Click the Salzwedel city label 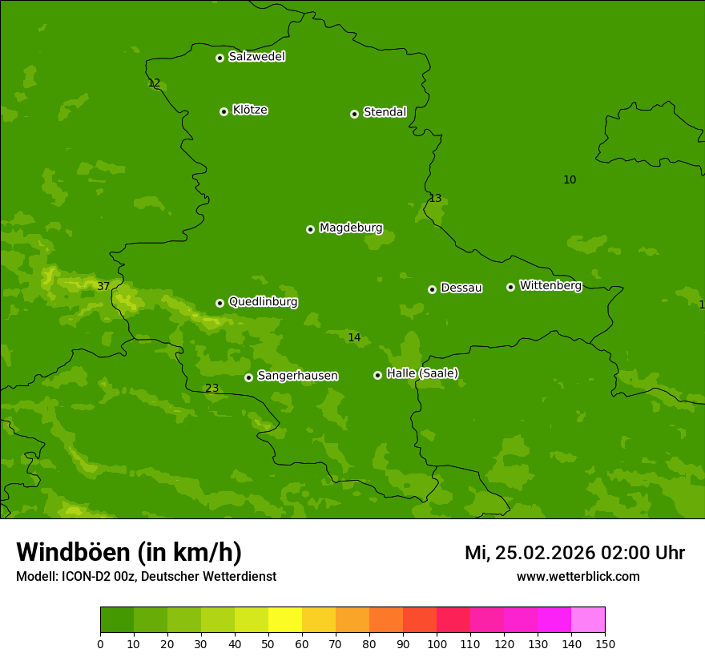tap(256, 57)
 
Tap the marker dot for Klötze tap(224, 111)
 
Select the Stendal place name tap(385, 112)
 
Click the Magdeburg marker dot tap(310, 229)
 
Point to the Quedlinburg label tap(263, 302)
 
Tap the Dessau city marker tap(432, 289)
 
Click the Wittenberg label tap(550, 285)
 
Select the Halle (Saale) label tap(422, 373)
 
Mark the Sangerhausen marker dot tap(248, 377)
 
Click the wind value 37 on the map tap(103, 286)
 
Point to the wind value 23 tap(211, 389)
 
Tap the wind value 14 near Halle tap(354, 338)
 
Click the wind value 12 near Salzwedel tap(154, 83)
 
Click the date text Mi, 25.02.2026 tap(528, 553)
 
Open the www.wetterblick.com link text tap(578, 577)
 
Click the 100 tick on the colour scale tap(437, 643)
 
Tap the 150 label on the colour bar tap(605, 643)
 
